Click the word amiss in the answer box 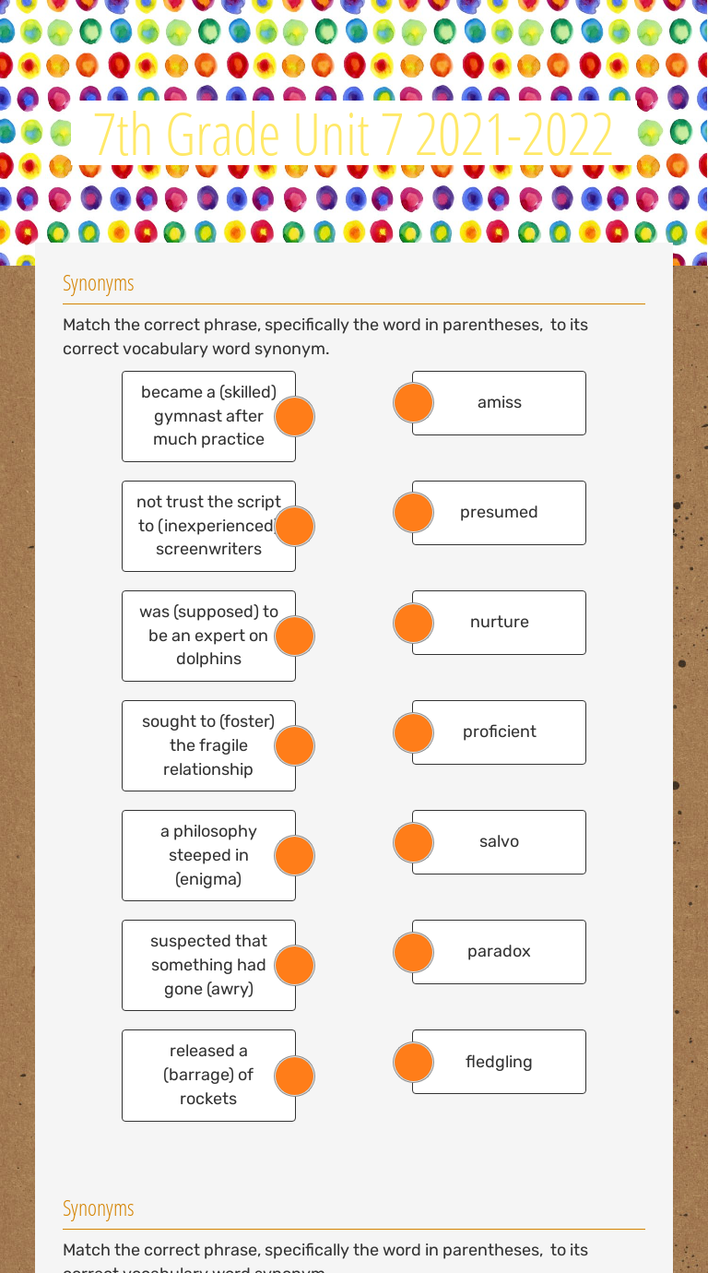pos(499,402)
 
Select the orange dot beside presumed pos(413,513)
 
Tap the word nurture pos(499,622)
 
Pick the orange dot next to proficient pos(413,732)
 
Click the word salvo pos(499,841)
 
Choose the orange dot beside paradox pos(413,952)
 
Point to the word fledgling pos(499,1062)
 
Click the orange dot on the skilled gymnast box pos(295,417)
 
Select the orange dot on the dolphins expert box pos(295,636)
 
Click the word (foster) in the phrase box pos(247,721)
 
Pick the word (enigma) pos(208,879)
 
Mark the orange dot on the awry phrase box pos(295,966)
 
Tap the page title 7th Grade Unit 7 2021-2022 pos(353,135)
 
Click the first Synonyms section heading pos(99,283)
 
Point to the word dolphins pos(208,659)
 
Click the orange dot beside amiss pos(413,403)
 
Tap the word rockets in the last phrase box pos(208,1099)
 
